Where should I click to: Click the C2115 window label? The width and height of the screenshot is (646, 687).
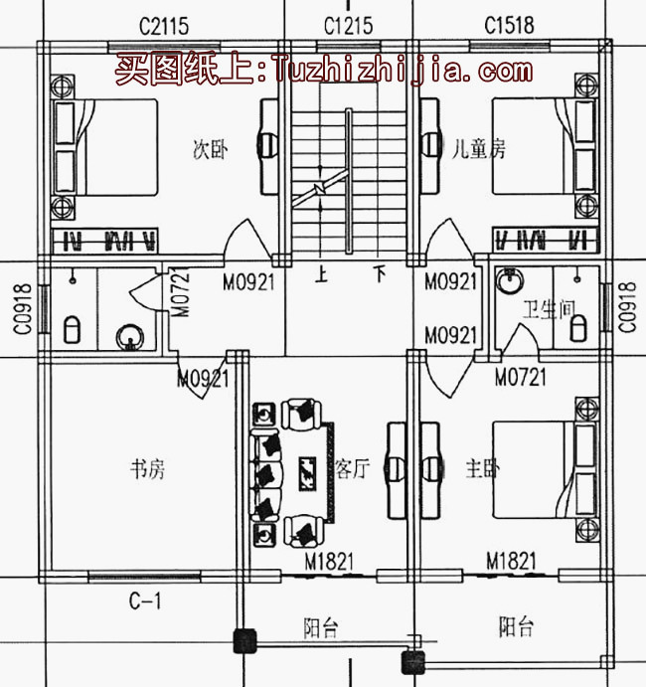pos(164,25)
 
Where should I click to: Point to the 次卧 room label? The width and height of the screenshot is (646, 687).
pos(210,151)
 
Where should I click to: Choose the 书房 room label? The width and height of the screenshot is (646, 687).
pos(148,469)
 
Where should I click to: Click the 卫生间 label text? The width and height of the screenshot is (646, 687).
pos(550,310)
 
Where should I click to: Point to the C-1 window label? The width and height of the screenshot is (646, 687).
pos(145,600)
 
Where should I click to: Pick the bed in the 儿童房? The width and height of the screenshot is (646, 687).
pos(537,147)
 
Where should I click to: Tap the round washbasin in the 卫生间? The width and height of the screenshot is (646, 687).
pos(509,281)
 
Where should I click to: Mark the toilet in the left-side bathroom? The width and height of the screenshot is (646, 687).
pos(72,329)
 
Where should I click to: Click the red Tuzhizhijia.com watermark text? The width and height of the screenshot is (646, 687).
pos(323,71)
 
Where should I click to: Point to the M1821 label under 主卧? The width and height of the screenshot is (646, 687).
pos(512,563)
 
